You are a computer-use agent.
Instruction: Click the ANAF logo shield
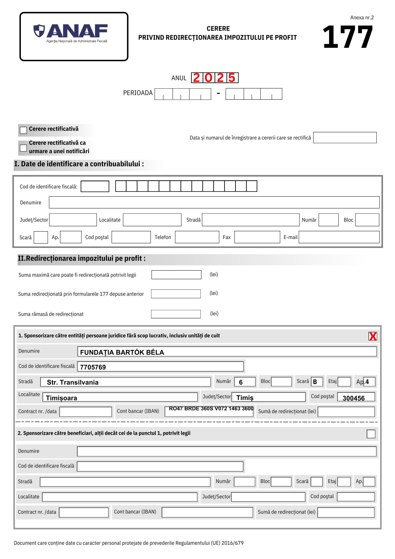click(x=39, y=30)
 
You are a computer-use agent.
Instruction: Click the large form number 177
click(x=348, y=37)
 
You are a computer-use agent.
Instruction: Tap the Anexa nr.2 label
click(x=362, y=18)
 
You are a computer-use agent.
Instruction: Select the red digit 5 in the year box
click(x=232, y=78)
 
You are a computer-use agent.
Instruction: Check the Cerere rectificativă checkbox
click(x=23, y=130)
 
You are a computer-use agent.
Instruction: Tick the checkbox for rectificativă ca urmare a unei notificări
click(x=23, y=148)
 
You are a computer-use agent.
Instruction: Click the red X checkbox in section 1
click(x=372, y=336)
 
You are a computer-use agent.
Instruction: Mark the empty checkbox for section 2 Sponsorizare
click(x=371, y=434)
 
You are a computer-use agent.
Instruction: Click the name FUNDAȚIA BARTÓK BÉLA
click(x=122, y=352)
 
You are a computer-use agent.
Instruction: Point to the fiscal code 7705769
click(x=93, y=367)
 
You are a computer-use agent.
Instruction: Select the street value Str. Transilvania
click(x=73, y=382)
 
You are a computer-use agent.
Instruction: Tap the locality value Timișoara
click(x=61, y=398)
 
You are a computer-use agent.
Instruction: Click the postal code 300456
click(x=353, y=398)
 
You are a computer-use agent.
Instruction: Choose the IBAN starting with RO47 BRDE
click(x=211, y=409)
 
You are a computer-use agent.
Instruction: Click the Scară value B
click(x=315, y=382)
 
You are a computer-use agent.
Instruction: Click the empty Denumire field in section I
click(x=214, y=202)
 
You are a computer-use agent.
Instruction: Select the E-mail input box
click(x=339, y=237)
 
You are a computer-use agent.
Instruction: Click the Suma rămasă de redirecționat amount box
click(x=176, y=314)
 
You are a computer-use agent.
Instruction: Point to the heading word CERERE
click(x=218, y=29)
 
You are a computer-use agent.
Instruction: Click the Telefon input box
click(x=197, y=237)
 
